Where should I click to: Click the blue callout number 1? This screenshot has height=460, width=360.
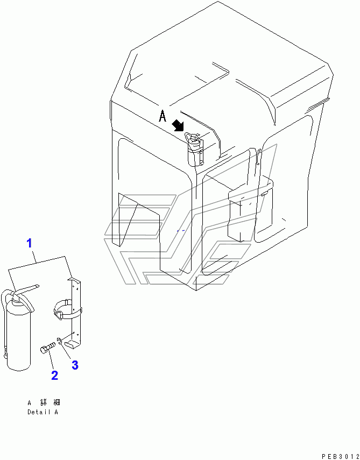(30, 243)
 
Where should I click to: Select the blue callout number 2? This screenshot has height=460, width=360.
(54, 376)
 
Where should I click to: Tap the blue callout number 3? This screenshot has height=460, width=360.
(75, 365)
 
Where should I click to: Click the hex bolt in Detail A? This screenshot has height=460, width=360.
(47, 348)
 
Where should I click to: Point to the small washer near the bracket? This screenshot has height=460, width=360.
(59, 341)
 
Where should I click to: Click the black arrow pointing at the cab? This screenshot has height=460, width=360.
(178, 125)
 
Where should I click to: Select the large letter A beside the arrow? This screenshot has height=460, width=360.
(163, 116)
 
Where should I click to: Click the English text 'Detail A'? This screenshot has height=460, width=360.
(43, 412)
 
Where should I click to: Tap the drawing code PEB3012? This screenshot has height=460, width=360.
(340, 456)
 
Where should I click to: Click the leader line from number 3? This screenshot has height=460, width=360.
(66, 351)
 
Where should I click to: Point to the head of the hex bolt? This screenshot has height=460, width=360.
(43, 350)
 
